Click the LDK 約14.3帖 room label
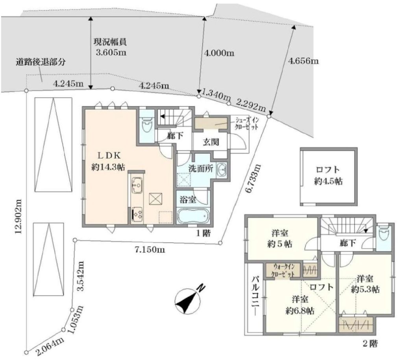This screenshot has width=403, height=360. [x=108, y=161]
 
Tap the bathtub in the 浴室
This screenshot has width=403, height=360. [x=193, y=216]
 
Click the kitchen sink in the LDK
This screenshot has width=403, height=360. [x=137, y=185]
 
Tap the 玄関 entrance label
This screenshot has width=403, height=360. [x=211, y=142]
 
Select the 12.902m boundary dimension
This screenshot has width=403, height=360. [x=18, y=217]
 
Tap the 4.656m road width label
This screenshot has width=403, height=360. [x=303, y=61]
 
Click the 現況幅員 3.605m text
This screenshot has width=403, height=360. [x=111, y=47]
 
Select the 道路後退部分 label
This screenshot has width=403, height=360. [x=41, y=62]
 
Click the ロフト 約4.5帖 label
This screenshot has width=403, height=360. [x=328, y=176]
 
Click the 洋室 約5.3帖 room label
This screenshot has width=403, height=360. [x=365, y=284]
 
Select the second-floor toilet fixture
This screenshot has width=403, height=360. [x=384, y=233]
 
